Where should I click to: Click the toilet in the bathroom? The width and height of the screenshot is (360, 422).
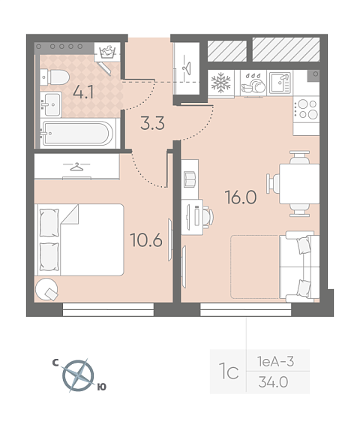coord(55,77)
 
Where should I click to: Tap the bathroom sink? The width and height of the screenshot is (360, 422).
coord(51,104)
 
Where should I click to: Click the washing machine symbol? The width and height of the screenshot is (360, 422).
coord(107,52)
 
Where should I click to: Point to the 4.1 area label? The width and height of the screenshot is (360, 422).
coord(83,93)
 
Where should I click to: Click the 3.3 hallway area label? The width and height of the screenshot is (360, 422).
coord(152,124)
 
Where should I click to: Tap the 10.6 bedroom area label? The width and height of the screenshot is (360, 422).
coord(146,240)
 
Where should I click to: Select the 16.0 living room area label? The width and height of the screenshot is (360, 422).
coord(241,197)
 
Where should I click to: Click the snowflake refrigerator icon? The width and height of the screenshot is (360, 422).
coord(220,83)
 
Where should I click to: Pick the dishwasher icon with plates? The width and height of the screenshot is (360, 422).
coord(253,83)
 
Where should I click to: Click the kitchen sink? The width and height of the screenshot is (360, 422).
coord(280,83)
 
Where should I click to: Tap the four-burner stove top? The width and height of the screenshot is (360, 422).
coord(306,110)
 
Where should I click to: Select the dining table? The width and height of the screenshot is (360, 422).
coord(299,184)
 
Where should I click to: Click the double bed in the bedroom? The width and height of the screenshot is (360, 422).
coord(79,240)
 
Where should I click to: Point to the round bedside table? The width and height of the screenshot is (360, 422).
coord(46,289)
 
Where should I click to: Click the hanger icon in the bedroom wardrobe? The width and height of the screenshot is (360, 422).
coord(76,167)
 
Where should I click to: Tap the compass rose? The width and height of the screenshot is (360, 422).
coord(78,375)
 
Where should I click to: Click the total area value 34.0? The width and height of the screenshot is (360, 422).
coord(273,382)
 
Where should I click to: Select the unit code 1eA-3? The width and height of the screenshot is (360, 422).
coord(275,361)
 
